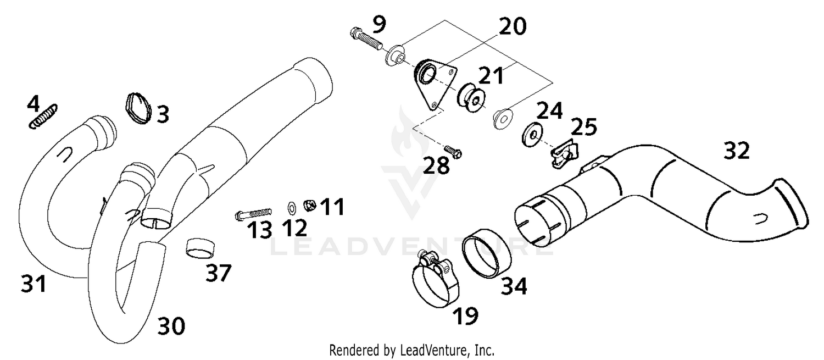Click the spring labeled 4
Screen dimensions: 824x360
pyautogui.click(x=43, y=117)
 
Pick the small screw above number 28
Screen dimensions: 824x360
pyautogui.click(x=453, y=152)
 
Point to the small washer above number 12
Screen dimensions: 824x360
pyautogui.click(x=292, y=208)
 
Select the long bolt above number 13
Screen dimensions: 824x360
pyautogui.click(x=253, y=213)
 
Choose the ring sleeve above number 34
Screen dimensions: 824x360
pyautogui.click(x=486, y=253)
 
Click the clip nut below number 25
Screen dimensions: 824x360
pyautogui.click(x=565, y=154)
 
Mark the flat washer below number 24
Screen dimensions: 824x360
pyautogui.click(x=532, y=135)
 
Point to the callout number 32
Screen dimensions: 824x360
pyautogui.click(x=737, y=151)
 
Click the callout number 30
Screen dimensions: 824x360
pyautogui.click(x=171, y=326)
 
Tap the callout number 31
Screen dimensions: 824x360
pyautogui.click(x=34, y=284)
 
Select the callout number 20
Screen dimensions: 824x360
pyautogui.click(x=513, y=26)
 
